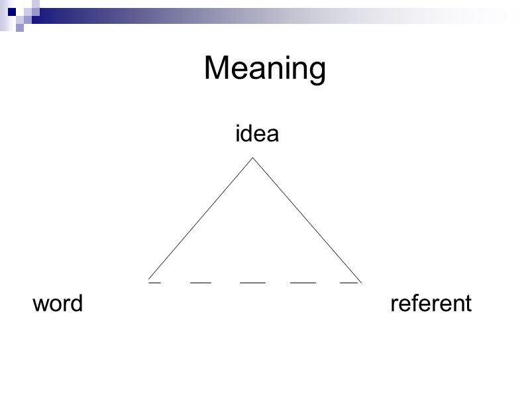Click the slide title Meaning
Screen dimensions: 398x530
tap(265, 69)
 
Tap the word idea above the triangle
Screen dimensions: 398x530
tap(257, 134)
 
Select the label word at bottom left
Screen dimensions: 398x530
tap(58, 304)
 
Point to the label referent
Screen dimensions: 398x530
tap(431, 304)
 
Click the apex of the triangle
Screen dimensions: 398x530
tap(252, 158)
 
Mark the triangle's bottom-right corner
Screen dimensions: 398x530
tap(360, 281)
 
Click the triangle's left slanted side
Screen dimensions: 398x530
tap(201, 220)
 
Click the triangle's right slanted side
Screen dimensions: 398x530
tap(306, 220)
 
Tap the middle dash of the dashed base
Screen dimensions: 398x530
tap(252, 283)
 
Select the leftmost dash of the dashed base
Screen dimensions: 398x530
tap(154, 283)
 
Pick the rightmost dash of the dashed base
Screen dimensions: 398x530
tap(349, 283)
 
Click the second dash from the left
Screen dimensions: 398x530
tap(201, 283)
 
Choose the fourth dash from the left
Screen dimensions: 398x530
tap(303, 283)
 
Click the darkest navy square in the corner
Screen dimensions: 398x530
tap(12, 11)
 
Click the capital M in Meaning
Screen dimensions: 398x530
tap(217, 69)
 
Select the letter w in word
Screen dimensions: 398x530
tap(40, 305)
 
